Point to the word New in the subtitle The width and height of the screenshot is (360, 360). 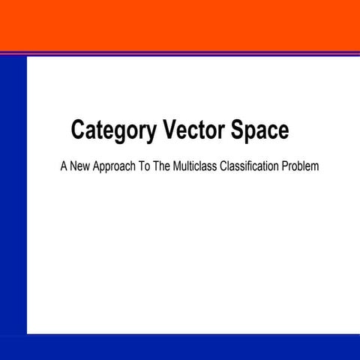(x=83, y=165)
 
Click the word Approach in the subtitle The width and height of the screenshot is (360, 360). (x=122, y=166)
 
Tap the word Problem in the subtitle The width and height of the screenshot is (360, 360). (x=301, y=165)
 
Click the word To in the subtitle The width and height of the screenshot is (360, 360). (x=156, y=165)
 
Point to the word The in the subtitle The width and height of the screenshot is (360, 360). (x=175, y=165)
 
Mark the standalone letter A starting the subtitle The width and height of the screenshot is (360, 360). (x=64, y=165)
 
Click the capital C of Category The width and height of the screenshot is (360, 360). (x=77, y=130)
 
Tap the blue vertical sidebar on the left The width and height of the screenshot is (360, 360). (x=13, y=195)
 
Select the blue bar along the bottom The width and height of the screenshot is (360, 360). (x=180, y=347)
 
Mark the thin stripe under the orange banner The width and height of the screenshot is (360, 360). (x=180, y=52)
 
